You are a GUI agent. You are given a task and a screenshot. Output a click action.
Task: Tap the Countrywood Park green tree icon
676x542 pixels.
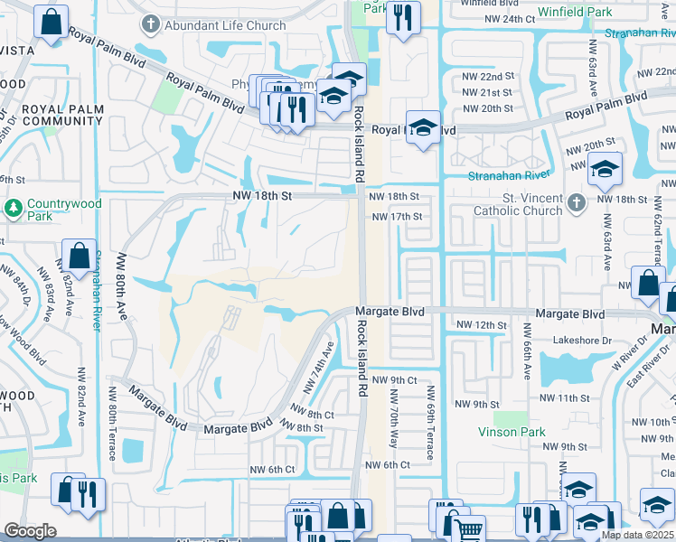click(x=14, y=208)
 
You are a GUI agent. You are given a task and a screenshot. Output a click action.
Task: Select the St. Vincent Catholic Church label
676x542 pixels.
click(x=519, y=204)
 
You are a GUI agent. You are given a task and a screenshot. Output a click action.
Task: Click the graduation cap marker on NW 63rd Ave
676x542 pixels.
click(x=605, y=167)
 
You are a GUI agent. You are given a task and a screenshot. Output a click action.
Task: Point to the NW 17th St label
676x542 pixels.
click(x=397, y=217)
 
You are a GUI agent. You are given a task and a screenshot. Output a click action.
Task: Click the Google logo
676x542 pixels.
click(x=30, y=531)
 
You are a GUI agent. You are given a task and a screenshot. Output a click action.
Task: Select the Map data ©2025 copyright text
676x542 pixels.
click(x=637, y=535)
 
